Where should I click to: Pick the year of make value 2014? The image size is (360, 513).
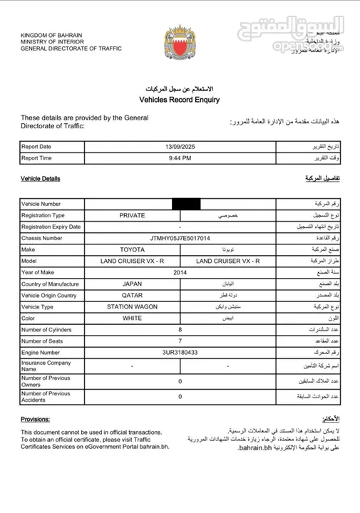pos(180,273)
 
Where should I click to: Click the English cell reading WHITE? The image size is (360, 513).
pos(133,318)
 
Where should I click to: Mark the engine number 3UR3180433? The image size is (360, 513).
pos(180,351)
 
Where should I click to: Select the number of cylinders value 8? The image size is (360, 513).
pos(180,329)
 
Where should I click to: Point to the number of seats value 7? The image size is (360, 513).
pos(180,341)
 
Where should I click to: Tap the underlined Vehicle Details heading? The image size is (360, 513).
pos(40,178)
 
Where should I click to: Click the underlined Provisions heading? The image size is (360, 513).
pos(35,420)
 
